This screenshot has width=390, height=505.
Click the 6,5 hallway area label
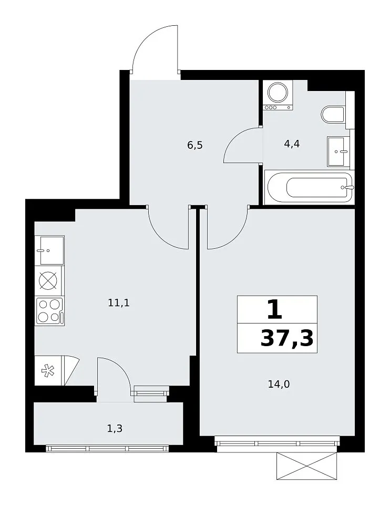tap(195, 146)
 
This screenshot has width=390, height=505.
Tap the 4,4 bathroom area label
tap(292, 144)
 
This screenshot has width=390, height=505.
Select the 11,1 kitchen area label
tap(119, 303)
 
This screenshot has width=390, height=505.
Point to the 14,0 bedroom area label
tap(279, 384)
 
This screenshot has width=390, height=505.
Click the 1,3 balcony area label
tap(115, 429)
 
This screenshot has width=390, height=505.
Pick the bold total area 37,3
tap(286, 338)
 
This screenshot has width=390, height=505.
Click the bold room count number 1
tap(274, 309)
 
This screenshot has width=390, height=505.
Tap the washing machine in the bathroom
tap(278, 95)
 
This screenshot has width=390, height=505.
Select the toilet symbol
tap(333, 114)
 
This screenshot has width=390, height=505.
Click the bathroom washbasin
tap(338, 151)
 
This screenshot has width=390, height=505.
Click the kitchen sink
tap(50, 250)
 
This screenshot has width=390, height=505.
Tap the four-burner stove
tap(50, 310)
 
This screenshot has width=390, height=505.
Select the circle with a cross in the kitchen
tap(48, 280)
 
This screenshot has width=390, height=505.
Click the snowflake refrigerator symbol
tap(48, 370)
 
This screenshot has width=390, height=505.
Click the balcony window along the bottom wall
tap(107, 449)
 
